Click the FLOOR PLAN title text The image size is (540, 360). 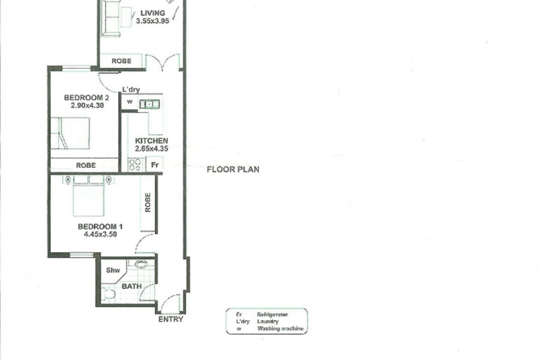(x=233, y=169)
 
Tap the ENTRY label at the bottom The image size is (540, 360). (x=171, y=319)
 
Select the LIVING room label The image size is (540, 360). (x=153, y=13)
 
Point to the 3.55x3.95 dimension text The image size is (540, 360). (x=153, y=21)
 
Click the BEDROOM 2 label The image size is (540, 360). (x=86, y=98)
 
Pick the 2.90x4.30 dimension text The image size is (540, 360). (x=88, y=106)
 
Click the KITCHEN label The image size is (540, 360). (x=152, y=141)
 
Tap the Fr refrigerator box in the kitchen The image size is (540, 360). (x=154, y=164)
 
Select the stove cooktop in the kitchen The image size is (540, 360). (x=135, y=165)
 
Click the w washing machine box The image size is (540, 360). (x=129, y=102)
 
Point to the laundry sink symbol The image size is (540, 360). (x=149, y=104)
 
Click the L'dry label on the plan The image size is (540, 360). (x=131, y=90)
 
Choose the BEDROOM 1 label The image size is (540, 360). (x=100, y=227)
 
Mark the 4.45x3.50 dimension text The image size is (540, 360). (x=100, y=234)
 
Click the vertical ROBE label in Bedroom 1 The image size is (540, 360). (x=148, y=203)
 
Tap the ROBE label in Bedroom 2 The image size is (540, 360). (x=86, y=165)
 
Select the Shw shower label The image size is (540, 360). (x=113, y=270)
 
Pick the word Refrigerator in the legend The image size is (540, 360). (x=272, y=315)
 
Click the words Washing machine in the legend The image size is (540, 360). (x=280, y=329)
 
